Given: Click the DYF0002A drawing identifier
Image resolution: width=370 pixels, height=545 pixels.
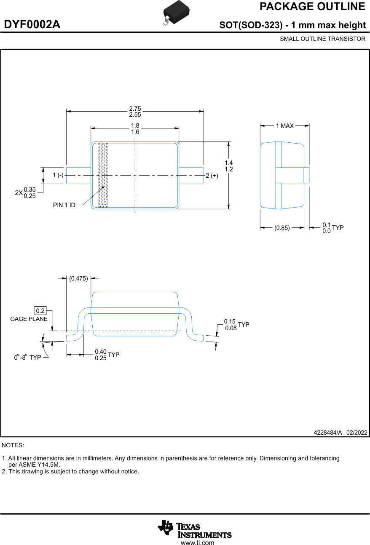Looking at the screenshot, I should click(x=32, y=25).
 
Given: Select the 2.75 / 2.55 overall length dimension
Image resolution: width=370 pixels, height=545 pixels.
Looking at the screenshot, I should click(x=135, y=112).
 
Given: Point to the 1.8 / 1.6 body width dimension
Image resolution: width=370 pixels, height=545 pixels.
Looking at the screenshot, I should click(x=135, y=129).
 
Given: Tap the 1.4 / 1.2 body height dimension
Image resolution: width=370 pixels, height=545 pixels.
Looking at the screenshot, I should click(x=229, y=166).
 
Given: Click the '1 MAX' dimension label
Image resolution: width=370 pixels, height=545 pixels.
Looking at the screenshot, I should click(x=284, y=126).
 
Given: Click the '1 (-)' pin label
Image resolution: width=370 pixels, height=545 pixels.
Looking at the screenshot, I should click(x=58, y=175).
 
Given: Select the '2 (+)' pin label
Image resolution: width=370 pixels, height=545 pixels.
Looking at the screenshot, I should click(x=212, y=176).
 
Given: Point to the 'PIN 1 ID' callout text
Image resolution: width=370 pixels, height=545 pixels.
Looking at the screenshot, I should click(x=64, y=205).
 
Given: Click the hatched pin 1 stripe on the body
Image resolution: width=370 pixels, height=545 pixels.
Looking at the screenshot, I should click(x=103, y=175).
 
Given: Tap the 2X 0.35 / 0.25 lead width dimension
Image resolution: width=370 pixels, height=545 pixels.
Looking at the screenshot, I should click(x=26, y=192).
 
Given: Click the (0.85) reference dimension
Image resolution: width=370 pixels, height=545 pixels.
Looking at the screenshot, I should click(x=282, y=228).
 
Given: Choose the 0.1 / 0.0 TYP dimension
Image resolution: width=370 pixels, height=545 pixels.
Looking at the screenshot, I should click(x=332, y=228).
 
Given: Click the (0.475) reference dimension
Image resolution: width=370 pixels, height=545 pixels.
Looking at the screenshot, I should click(x=78, y=278).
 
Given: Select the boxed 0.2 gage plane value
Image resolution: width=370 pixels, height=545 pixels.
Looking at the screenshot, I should click(x=40, y=311).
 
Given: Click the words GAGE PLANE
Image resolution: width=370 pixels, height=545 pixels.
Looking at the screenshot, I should click(x=29, y=319).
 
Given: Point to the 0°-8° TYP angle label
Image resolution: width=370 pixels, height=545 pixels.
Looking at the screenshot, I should click(x=27, y=357).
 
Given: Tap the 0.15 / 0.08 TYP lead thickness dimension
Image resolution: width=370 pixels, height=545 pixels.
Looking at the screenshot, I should click(x=236, y=325).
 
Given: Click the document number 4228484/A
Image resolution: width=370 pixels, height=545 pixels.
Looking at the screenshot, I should click(x=327, y=433).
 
